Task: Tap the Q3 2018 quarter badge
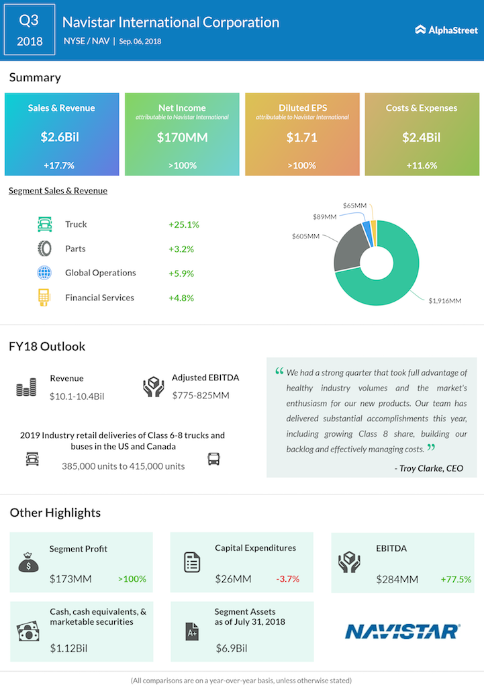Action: (29, 30)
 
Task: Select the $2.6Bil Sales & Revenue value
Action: (61, 138)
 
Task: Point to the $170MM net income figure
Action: (182, 138)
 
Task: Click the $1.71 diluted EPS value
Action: (302, 138)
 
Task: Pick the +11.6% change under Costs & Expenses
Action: (421, 165)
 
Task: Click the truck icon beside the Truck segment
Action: (44, 224)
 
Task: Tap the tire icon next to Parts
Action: (44, 249)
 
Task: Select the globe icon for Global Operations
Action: (44, 273)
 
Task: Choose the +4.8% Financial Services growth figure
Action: (181, 298)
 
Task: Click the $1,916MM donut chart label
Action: (445, 300)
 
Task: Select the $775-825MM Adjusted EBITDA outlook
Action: (201, 395)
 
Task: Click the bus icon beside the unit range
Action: (213, 460)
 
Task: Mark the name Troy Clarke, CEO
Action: (429, 468)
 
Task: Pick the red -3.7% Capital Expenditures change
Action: (288, 578)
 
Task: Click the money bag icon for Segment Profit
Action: (28, 562)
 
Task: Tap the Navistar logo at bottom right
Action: (402, 631)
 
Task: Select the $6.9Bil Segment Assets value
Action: (232, 648)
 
